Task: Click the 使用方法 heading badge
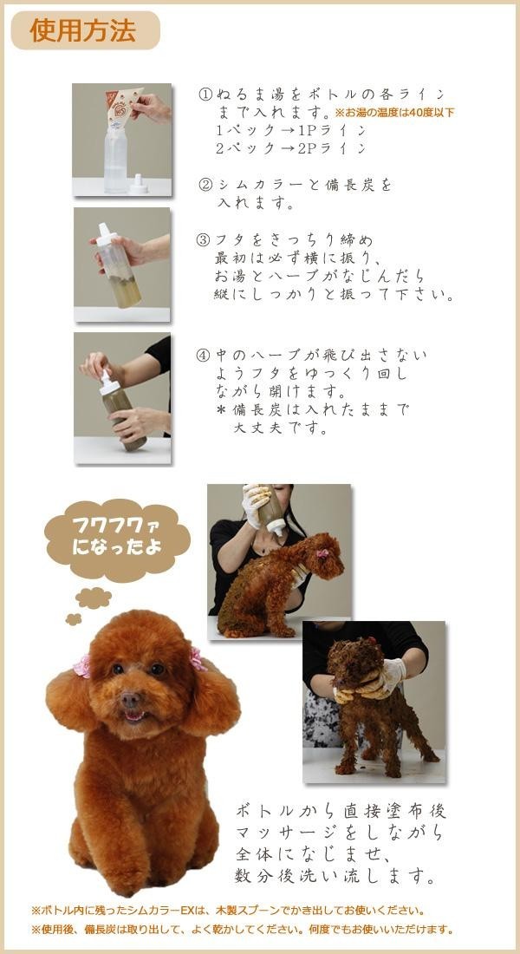85,30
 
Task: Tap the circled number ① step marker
205,95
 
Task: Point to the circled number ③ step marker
203,239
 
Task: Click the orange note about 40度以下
394,113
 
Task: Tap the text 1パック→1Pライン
291,131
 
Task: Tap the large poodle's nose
129,699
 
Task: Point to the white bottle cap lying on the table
139,185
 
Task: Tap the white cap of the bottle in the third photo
109,383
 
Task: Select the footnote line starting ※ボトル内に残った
227,911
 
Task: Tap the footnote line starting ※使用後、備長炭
242,930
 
